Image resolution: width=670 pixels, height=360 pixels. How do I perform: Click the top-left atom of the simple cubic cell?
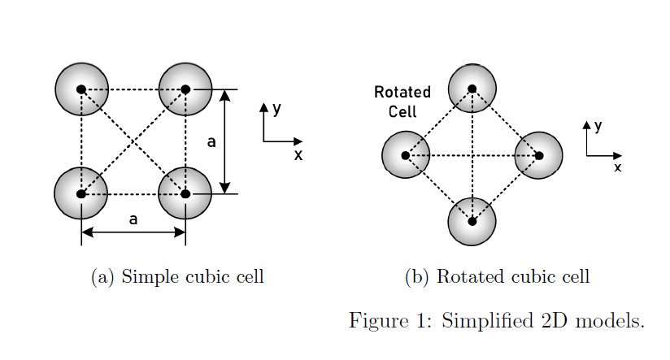[81, 89]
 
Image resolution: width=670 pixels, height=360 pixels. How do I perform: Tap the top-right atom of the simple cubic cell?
[185, 89]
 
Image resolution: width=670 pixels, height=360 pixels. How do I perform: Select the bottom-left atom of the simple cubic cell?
[81, 193]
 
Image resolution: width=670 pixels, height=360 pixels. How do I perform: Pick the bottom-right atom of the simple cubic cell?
[185, 193]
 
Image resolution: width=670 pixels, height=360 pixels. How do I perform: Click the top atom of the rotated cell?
[472, 88]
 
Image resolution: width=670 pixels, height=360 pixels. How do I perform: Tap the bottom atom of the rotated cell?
[472, 220]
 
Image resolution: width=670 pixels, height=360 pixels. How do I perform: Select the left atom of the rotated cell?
[406, 154]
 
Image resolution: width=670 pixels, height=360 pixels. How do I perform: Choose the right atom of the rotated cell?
[538, 154]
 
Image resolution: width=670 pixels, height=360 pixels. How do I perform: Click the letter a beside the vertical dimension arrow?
[211, 142]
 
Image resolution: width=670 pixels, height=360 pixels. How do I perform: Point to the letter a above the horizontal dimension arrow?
[133, 219]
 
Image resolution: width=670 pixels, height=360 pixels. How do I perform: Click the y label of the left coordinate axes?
[277, 108]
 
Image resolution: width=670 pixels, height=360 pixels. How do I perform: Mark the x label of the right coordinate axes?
[617, 167]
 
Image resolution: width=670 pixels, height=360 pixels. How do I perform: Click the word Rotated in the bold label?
[402, 93]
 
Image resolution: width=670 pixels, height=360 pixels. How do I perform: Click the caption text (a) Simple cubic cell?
[177, 277]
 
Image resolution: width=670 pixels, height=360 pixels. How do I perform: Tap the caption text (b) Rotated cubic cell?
[497, 277]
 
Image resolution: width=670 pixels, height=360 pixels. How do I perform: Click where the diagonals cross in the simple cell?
[133, 141]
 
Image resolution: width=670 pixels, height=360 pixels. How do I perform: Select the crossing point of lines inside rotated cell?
[472, 154]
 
